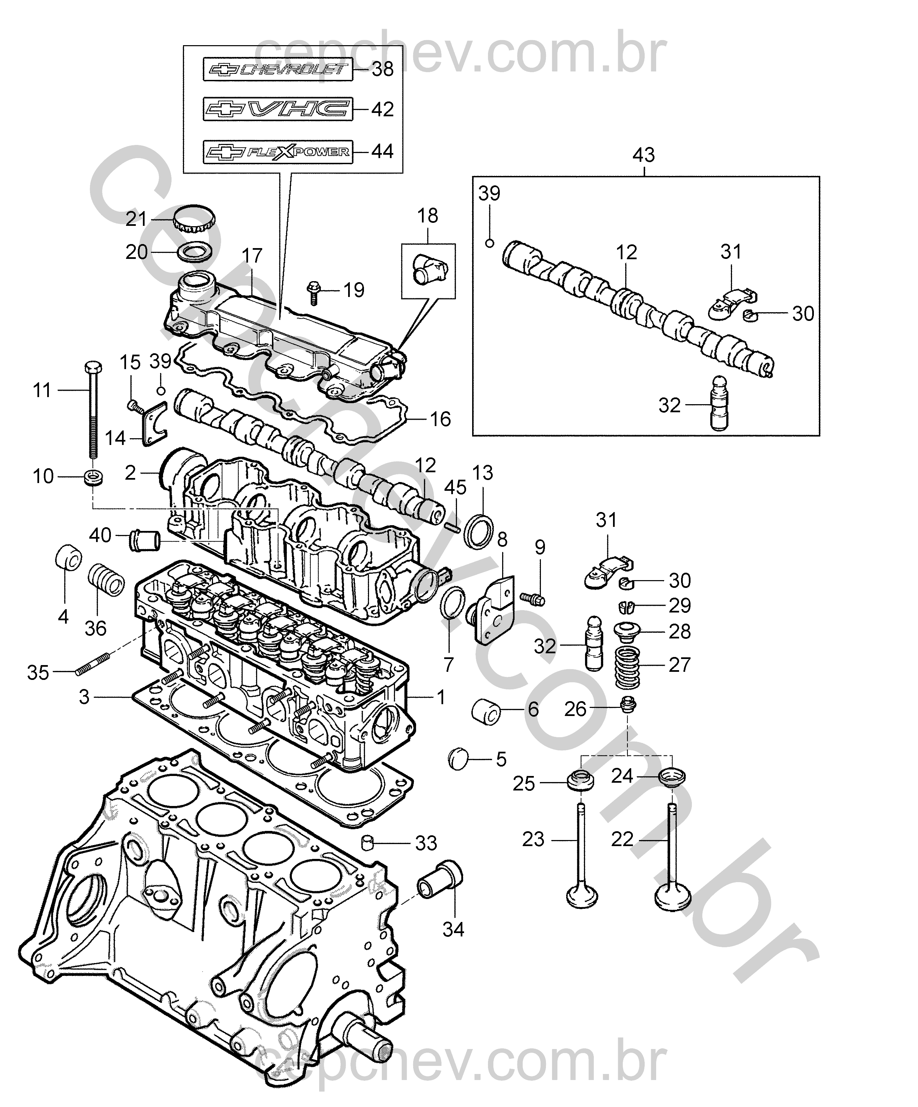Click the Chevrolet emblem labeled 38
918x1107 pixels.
point(278,69)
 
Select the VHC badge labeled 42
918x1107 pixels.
point(278,110)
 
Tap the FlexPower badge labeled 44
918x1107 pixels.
point(278,152)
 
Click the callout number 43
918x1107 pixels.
point(643,155)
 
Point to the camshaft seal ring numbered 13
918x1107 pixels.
point(479,531)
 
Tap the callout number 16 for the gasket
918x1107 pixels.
point(440,420)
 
